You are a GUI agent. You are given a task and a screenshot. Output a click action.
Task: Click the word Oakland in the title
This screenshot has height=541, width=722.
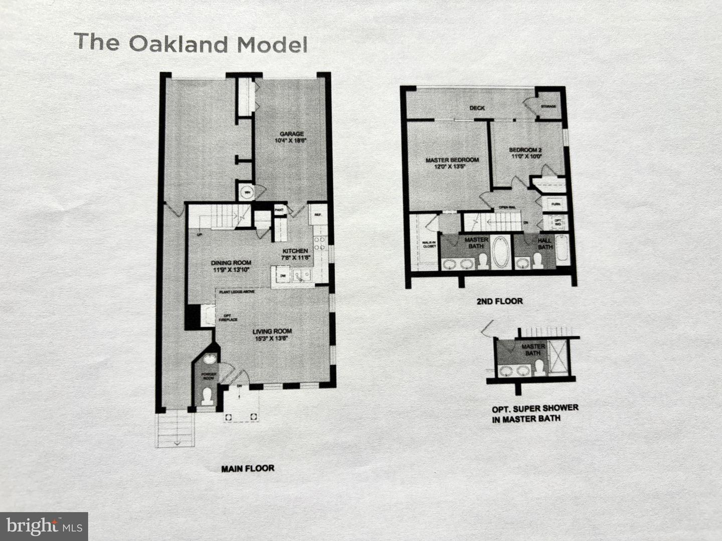coord(178,44)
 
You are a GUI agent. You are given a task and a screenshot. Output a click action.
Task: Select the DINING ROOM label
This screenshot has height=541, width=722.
coord(231,262)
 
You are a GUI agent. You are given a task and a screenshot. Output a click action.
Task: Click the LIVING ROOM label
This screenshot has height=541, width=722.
coord(272,331)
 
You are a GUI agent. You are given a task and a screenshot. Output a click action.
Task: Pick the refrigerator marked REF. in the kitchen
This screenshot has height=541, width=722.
coord(317,215)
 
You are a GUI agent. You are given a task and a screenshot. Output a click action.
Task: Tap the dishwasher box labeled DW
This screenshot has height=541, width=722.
coord(282,275)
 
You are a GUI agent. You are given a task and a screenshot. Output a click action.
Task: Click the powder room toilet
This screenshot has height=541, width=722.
coord(206,397)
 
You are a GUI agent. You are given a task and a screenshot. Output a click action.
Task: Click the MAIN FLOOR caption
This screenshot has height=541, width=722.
coord(248,468)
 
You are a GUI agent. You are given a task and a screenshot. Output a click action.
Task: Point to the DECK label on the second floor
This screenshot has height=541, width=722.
coord(477,108)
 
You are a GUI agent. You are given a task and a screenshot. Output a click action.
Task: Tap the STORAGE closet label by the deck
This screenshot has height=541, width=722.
coord(549,107)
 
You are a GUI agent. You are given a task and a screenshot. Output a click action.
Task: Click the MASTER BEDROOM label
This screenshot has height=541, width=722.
coord(452,160)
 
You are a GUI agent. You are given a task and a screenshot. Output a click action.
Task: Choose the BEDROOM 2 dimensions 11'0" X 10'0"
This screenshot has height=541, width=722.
coord(525,156)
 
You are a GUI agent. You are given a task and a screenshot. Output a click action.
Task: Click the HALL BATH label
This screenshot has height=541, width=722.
coord(545,243)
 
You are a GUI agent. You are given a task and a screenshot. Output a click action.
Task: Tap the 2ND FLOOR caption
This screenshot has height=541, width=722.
coord(499,301)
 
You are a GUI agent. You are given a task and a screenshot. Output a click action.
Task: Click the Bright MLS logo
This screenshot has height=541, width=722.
coord(44,526)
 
